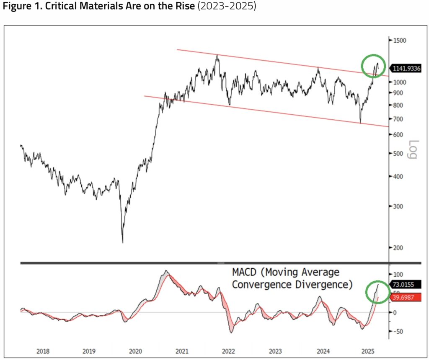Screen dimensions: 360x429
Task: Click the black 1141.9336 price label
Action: coord(406,68)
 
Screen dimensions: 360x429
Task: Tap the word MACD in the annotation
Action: coord(245,273)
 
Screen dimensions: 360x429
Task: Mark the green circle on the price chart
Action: coord(373,65)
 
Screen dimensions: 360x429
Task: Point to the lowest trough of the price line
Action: coord(123,242)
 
